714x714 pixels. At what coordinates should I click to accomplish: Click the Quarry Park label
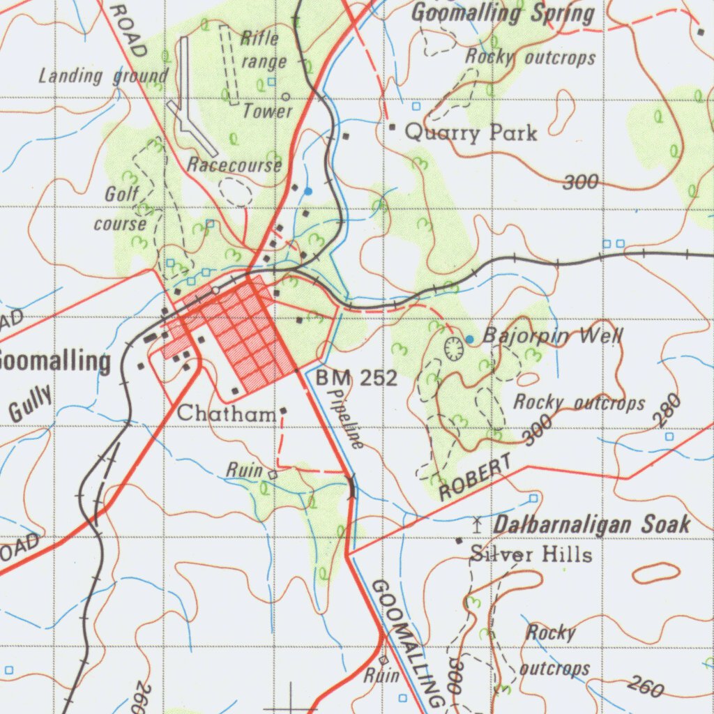pyautogui.click(x=471, y=132)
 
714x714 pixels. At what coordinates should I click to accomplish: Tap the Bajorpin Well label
pyautogui.click(x=552, y=337)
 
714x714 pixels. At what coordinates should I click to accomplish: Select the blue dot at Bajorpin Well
pyautogui.click(x=469, y=339)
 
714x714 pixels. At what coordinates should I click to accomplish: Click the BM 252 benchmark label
pyautogui.click(x=356, y=379)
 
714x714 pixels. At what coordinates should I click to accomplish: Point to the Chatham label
pyautogui.click(x=226, y=413)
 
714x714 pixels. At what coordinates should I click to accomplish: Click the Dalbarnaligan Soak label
pyautogui.click(x=592, y=524)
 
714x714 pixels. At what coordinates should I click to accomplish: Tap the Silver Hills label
pyautogui.click(x=531, y=555)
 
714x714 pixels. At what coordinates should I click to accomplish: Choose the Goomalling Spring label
pyautogui.click(x=503, y=13)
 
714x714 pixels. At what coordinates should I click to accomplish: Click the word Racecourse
pyautogui.click(x=235, y=165)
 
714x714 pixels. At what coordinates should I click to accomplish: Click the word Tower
pyautogui.click(x=268, y=110)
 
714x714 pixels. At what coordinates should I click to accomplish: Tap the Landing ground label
pyautogui.click(x=103, y=75)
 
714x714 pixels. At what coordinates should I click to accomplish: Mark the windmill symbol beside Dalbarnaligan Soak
pyautogui.click(x=478, y=522)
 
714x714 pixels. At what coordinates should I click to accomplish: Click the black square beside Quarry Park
pyautogui.click(x=392, y=127)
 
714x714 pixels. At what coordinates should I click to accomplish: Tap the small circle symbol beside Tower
pyautogui.click(x=286, y=96)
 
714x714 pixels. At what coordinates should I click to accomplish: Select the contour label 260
pyautogui.click(x=645, y=687)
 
